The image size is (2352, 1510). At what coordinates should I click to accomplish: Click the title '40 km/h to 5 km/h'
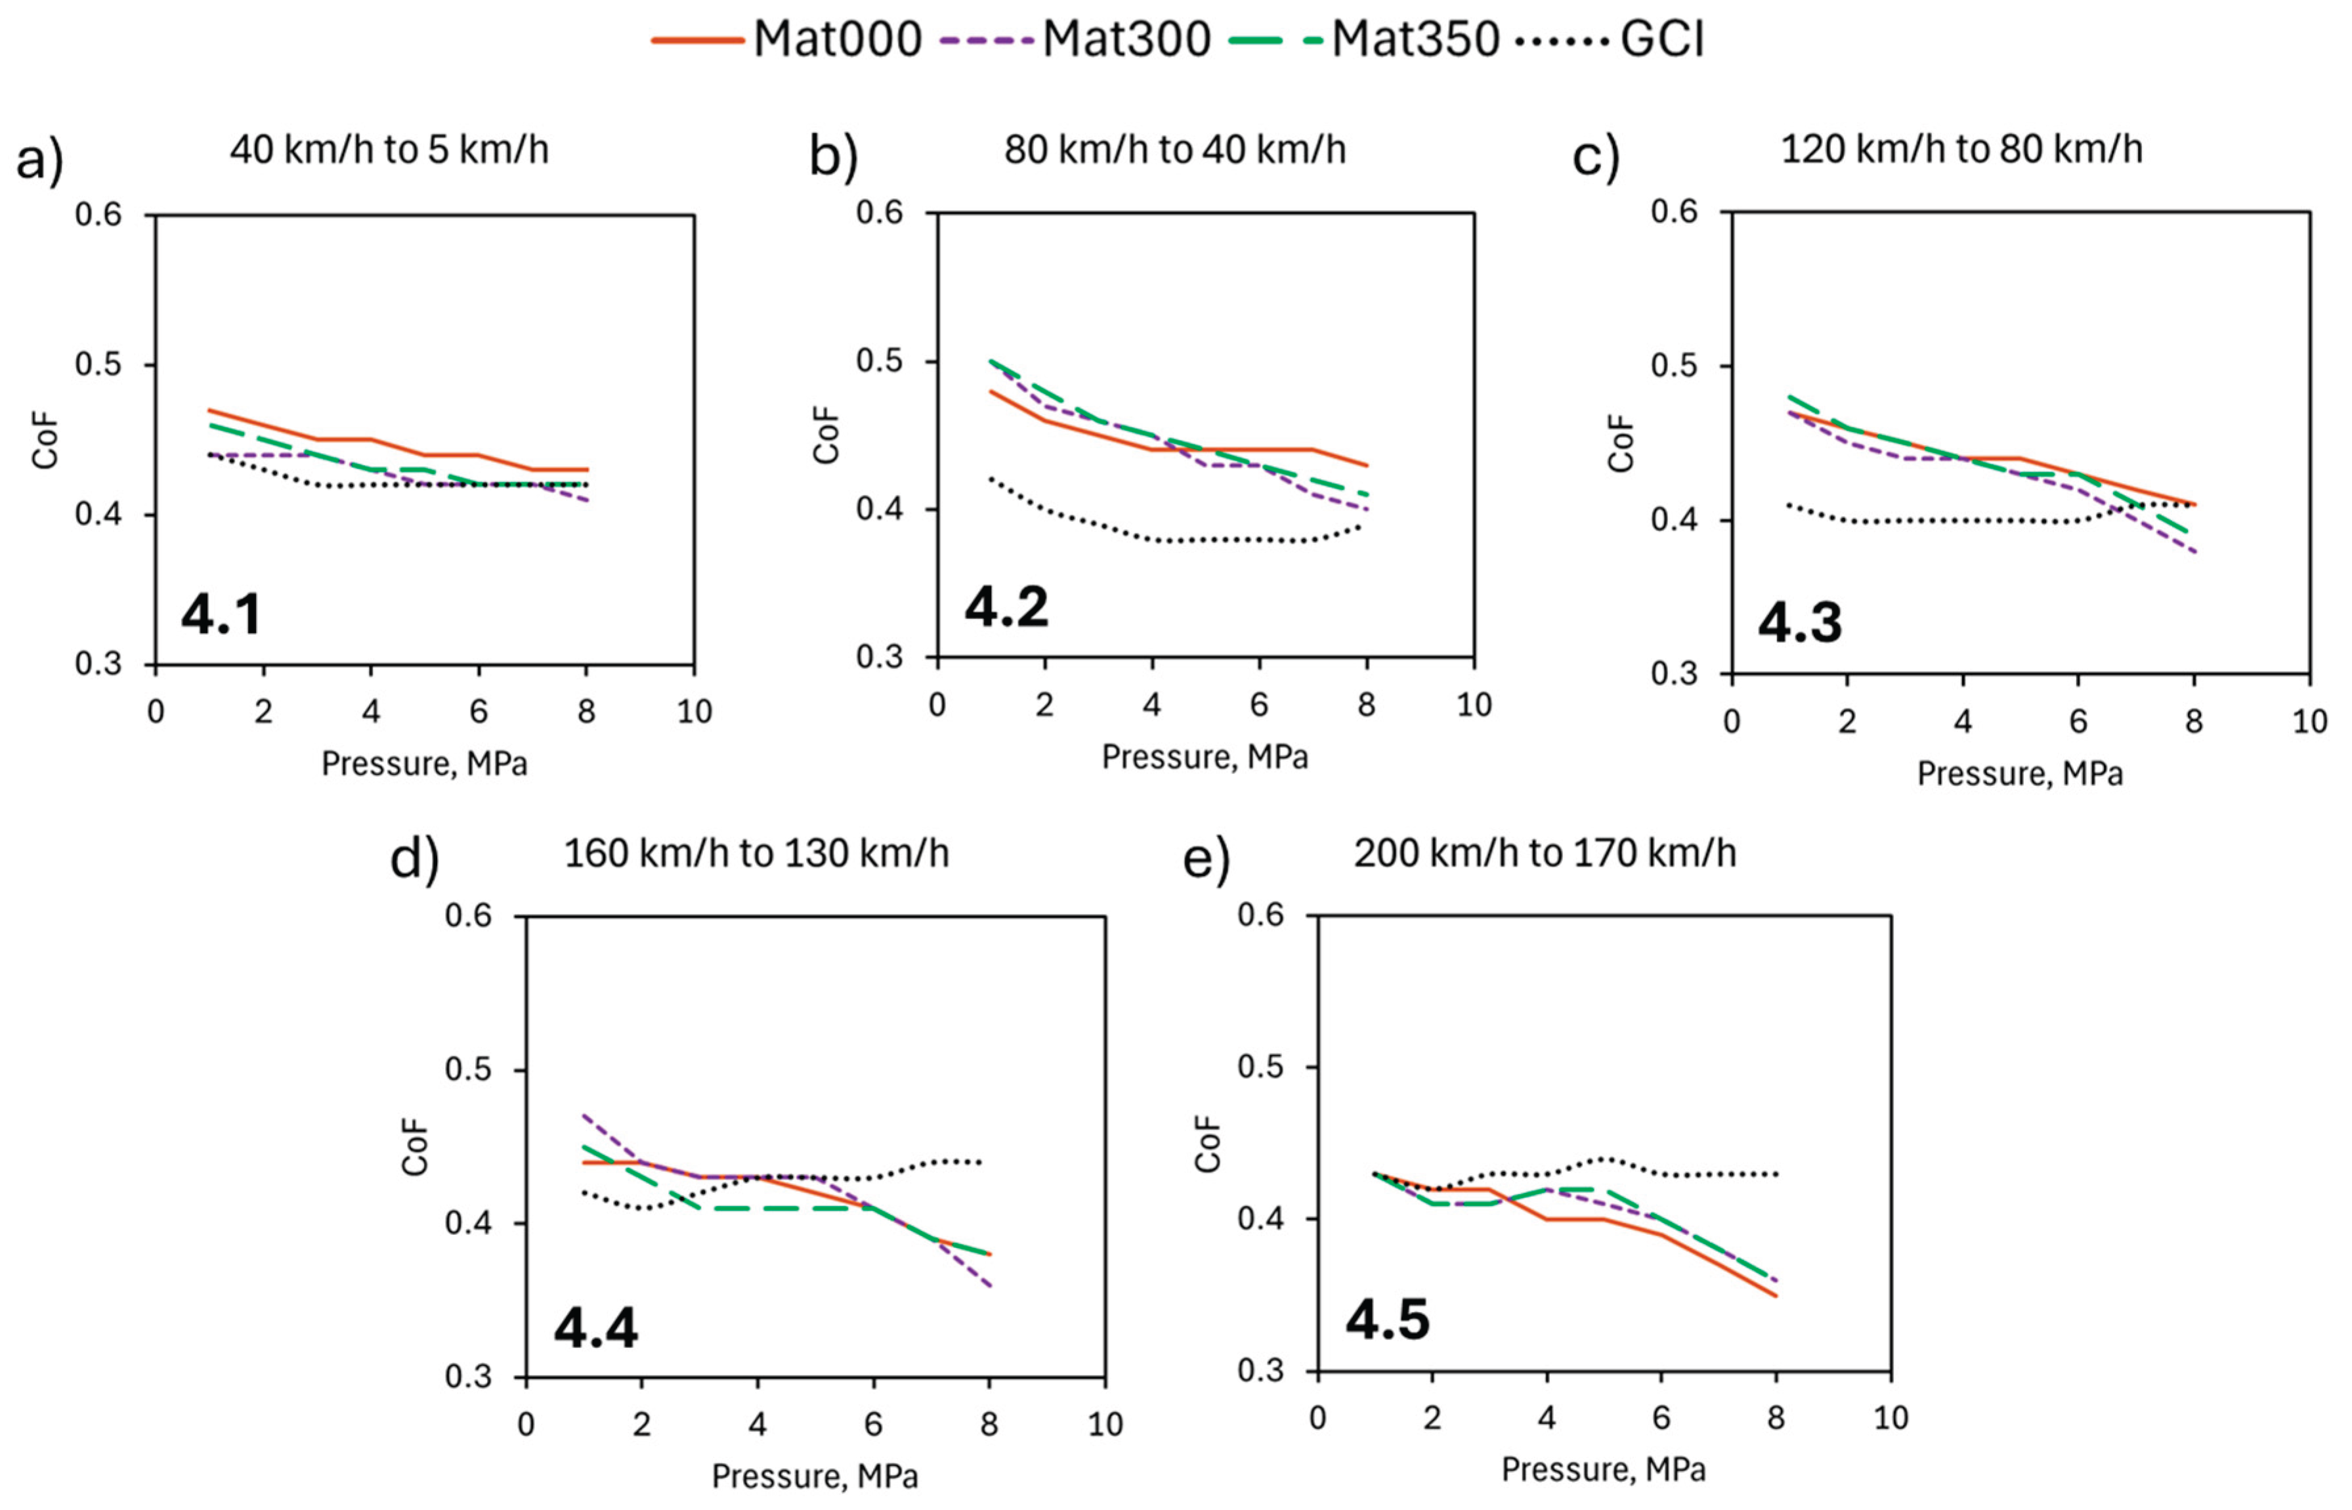389,150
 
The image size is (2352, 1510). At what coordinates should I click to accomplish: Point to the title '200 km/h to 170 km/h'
1545,853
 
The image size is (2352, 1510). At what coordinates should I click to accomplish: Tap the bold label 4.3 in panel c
1800,622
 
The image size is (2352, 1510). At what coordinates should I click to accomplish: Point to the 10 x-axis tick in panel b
1474,705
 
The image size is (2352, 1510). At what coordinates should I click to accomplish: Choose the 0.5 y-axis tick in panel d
469,1069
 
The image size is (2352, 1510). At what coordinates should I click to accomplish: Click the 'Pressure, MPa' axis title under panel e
1604,1469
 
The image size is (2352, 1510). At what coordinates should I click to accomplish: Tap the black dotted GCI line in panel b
1206,540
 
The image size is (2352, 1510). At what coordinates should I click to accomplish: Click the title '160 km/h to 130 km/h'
756,853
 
